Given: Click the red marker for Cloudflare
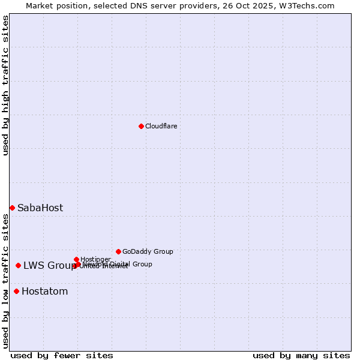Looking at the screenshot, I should point(141,126).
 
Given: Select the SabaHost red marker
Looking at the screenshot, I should point(12,208).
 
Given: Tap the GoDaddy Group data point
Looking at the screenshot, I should point(118,251).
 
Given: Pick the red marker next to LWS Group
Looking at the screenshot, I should point(19,265).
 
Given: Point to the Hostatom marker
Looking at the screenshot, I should point(16,292).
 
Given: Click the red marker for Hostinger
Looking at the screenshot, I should point(76,259).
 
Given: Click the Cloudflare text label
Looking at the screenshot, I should point(161,126).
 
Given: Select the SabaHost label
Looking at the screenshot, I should point(40,208).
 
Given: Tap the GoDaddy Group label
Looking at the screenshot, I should point(148,251).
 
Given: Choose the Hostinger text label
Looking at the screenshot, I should point(95,259).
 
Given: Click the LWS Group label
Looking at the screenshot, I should point(49,266).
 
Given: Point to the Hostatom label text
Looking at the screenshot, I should point(44,292).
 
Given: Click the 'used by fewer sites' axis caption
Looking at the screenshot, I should point(62,355).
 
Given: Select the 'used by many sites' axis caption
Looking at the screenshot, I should point(301,355).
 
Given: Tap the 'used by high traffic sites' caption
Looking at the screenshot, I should point(6,85).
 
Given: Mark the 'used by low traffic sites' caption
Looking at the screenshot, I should point(6,281).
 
